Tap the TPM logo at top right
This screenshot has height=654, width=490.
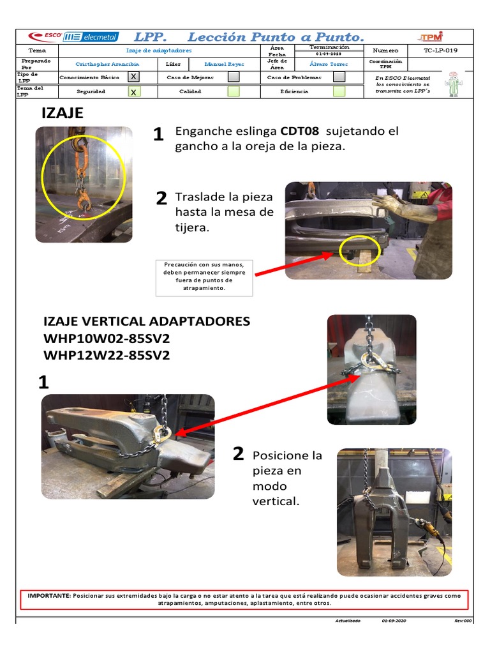[x=432, y=36]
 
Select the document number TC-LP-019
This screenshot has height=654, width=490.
[x=440, y=50]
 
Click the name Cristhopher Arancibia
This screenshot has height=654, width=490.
[x=107, y=65]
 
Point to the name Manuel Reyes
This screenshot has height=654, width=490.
[x=224, y=65]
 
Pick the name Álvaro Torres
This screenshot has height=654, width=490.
[x=329, y=65]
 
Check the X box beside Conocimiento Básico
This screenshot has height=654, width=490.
[x=133, y=77]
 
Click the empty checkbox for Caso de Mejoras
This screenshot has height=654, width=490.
[x=234, y=77]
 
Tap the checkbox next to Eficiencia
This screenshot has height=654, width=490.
[x=339, y=91]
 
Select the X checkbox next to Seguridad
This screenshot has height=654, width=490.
[x=133, y=91]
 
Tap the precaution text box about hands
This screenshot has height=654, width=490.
[x=204, y=277]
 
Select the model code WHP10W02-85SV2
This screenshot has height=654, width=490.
[x=107, y=338]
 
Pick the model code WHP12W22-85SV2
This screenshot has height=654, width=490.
[x=107, y=355]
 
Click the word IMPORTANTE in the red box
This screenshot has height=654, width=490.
[x=49, y=595]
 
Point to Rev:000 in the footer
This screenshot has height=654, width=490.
[x=463, y=621]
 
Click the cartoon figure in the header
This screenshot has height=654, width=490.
[x=454, y=84]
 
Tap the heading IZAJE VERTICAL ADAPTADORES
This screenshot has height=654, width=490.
[x=147, y=321]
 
